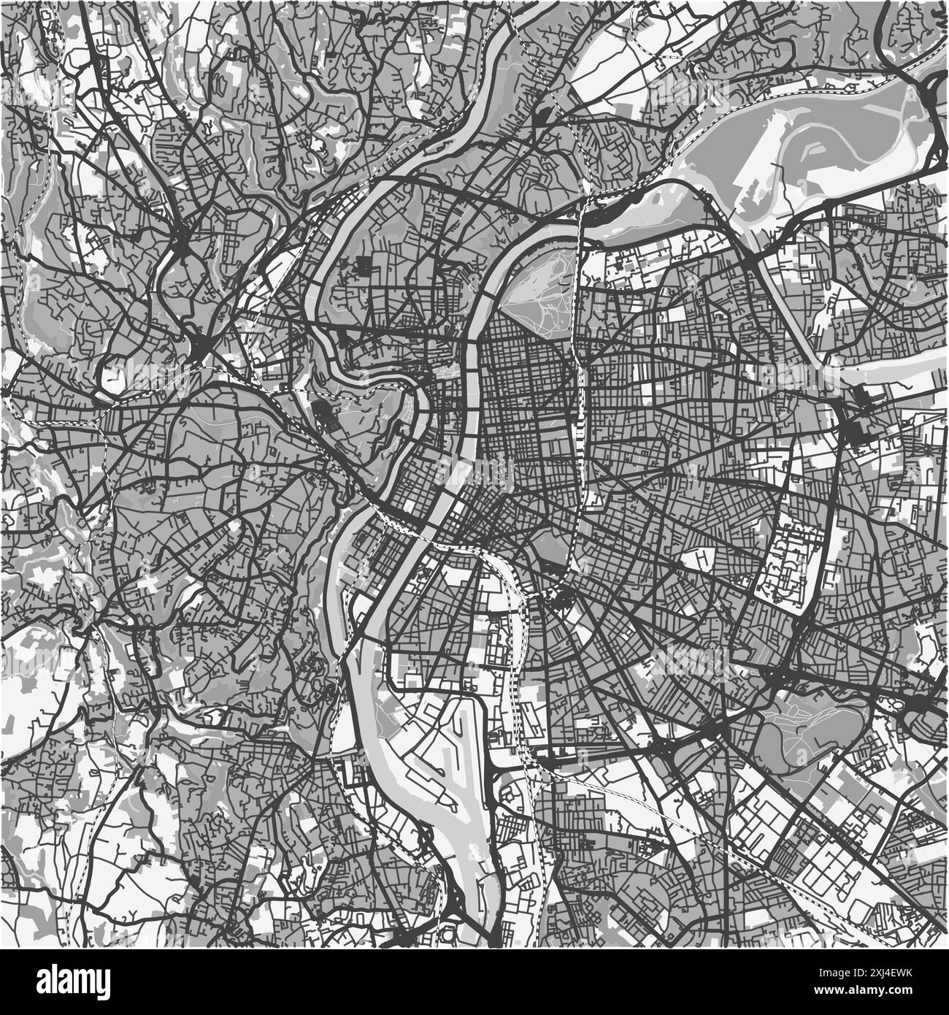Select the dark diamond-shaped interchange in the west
click(x=199, y=346)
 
